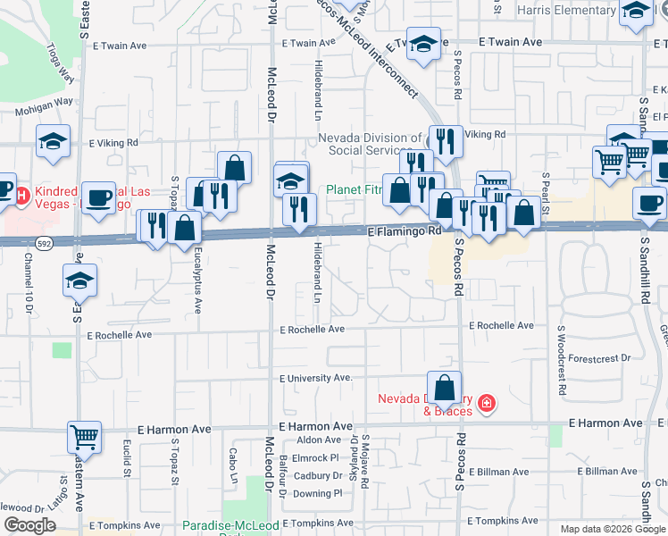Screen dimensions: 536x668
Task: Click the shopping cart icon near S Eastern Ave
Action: [x=84, y=438]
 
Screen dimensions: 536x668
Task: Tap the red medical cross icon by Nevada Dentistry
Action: [x=486, y=404]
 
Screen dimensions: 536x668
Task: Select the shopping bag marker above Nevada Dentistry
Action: [x=444, y=388]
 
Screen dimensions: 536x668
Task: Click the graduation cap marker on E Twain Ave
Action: [x=423, y=44]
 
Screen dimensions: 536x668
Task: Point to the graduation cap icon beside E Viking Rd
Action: [x=54, y=140]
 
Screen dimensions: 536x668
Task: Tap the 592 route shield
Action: [x=43, y=242]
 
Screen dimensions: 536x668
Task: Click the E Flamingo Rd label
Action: [x=405, y=230]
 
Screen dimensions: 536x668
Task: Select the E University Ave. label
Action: [x=316, y=378]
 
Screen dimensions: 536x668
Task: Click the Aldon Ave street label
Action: [x=319, y=440]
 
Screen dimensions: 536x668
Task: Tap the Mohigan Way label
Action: [x=43, y=102]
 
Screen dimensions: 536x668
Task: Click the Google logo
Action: [x=29, y=525]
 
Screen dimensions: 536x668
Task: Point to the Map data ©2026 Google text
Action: [x=612, y=529]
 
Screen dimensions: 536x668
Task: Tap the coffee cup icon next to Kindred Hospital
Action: [x=99, y=196]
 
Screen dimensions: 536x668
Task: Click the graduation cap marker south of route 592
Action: [x=80, y=281]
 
